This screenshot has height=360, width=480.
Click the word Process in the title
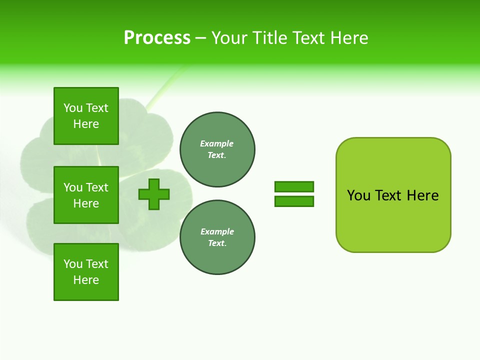[x=157, y=38]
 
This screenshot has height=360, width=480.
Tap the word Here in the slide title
[x=347, y=38]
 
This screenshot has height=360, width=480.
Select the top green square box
[x=86, y=116]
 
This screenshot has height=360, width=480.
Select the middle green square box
[x=86, y=195]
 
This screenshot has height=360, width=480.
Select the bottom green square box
[x=86, y=272]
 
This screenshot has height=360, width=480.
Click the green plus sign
[x=154, y=194]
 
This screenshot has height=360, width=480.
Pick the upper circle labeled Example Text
[x=217, y=149]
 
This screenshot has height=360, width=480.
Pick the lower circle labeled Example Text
[x=217, y=237]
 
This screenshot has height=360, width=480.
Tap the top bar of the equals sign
[x=294, y=186]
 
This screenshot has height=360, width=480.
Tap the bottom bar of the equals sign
[x=294, y=201]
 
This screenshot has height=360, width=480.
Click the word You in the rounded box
[x=358, y=195]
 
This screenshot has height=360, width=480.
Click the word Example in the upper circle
[x=217, y=143]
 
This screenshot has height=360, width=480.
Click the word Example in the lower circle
[x=217, y=231]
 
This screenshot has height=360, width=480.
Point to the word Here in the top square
[x=86, y=124]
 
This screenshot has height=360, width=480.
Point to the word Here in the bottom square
[x=86, y=280]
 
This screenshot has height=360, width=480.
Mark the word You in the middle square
[x=73, y=187]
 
